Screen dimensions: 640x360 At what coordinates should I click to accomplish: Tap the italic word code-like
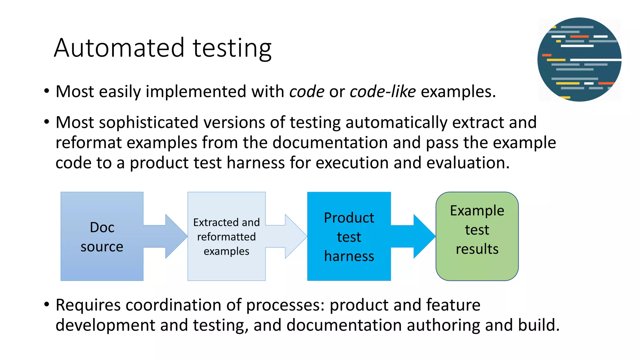tap(382, 92)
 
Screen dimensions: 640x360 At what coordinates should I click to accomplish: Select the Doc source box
tap(102, 236)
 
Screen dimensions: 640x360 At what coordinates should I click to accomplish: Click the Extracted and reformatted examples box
tap(226, 236)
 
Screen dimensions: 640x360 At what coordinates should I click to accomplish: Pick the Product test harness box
tap(349, 236)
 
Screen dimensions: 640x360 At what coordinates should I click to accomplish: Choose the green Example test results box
tap(477, 236)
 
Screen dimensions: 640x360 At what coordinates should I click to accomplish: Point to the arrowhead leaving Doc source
tap(176, 236)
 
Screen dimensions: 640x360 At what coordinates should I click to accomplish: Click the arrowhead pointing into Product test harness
tap(295, 236)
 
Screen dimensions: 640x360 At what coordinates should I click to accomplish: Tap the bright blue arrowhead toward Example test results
tap(424, 236)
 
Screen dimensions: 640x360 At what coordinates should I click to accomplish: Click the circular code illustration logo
tap(579, 59)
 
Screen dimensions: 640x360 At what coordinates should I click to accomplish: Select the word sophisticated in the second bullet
tap(148, 122)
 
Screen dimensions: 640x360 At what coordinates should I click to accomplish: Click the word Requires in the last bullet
tap(88, 305)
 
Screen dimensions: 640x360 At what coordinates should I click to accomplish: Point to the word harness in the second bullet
tap(256, 163)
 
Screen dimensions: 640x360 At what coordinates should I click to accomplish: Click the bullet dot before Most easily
tap(47, 92)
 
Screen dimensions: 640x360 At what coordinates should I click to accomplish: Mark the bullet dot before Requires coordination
tap(47, 304)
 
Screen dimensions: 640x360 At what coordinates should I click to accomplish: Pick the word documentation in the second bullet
tap(330, 142)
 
